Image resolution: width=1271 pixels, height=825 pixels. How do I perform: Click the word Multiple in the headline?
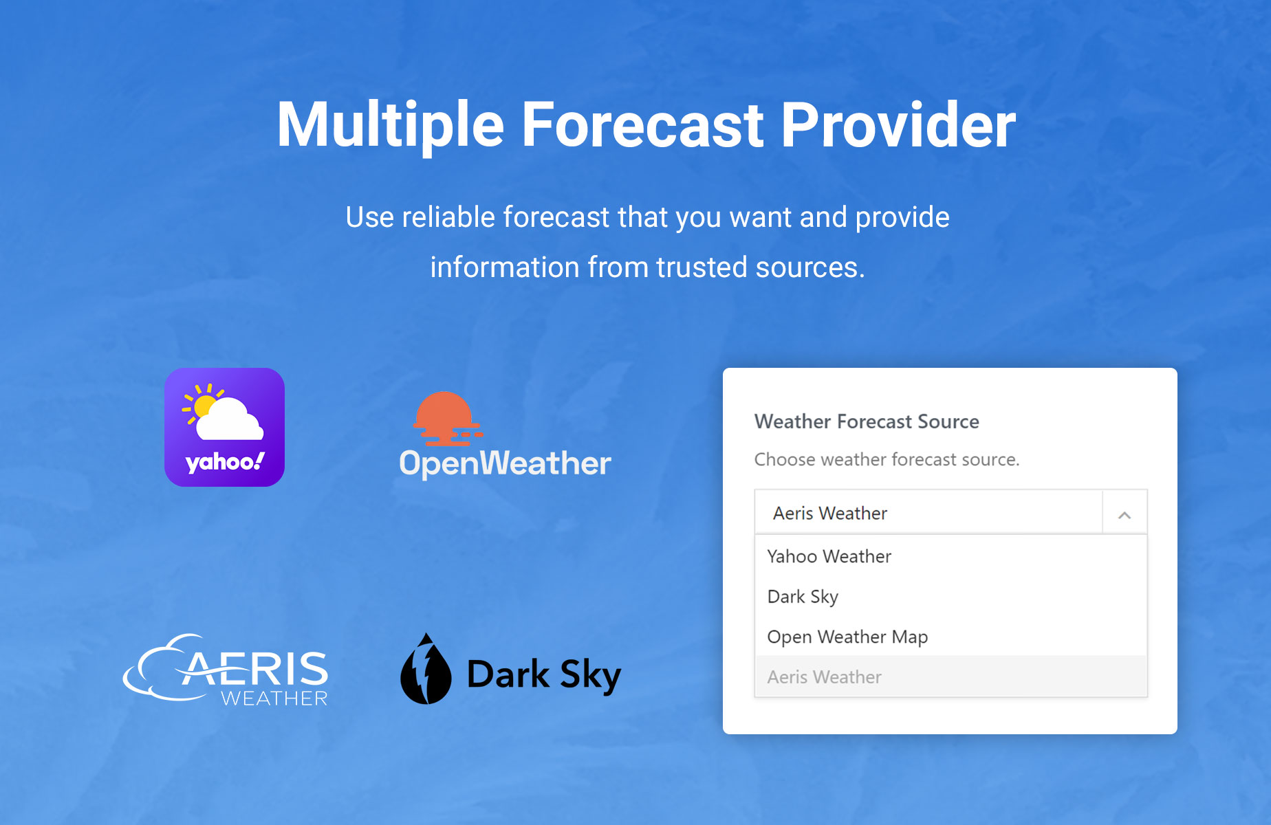[x=390, y=125]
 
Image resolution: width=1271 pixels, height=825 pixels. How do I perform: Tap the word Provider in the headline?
[x=898, y=124]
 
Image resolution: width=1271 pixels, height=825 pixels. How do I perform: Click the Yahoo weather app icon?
[x=224, y=427]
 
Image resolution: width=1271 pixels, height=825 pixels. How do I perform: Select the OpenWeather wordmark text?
[x=505, y=463]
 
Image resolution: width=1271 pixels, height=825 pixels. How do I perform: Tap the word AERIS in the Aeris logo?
[x=255, y=668]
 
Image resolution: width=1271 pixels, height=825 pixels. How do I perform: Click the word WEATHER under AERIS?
[x=274, y=698]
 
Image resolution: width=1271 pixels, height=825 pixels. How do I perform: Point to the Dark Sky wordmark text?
[x=544, y=674]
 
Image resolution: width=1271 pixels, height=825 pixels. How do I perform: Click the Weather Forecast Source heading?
[x=867, y=421]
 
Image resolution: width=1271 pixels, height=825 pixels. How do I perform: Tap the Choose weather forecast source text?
[x=887, y=459]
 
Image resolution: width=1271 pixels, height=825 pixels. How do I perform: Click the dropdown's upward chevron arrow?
[x=1125, y=515]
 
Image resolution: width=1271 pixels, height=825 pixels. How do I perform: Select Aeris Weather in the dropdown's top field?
[x=830, y=513]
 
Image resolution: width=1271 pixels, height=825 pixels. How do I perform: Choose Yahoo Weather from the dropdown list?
[x=829, y=556]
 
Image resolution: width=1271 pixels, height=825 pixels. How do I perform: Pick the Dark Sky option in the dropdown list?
[x=803, y=597]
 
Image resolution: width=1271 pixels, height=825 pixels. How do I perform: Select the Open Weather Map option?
[x=847, y=637]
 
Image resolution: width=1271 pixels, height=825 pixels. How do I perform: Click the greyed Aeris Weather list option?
[x=824, y=677]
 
